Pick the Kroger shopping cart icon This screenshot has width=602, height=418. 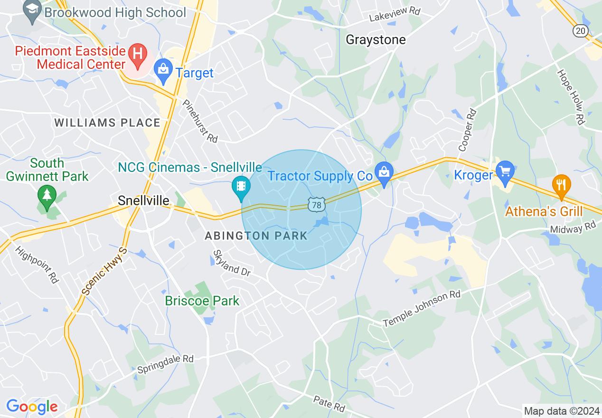[x=504, y=172]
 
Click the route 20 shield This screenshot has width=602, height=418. [x=580, y=31]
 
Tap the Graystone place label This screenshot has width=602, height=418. [x=376, y=40]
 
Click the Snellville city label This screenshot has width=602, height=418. [x=143, y=201]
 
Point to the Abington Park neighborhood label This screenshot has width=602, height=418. [x=256, y=236]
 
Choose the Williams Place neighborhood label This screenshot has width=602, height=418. [x=107, y=123]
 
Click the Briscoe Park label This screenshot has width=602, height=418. [x=202, y=301]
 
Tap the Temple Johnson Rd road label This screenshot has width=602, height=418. [x=422, y=309]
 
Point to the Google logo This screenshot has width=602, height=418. [x=32, y=407]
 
